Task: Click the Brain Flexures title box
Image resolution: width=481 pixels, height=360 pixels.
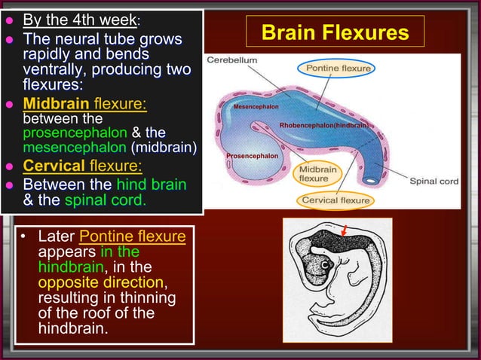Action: (334, 33)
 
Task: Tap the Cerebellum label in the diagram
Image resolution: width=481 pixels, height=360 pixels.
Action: (232, 59)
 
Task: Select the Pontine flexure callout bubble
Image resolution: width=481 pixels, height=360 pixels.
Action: (338, 69)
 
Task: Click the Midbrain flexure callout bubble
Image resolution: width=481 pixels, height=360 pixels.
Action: (318, 173)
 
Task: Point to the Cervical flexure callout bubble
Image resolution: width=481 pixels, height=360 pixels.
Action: (335, 200)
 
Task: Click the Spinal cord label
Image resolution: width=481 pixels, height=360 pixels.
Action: (434, 181)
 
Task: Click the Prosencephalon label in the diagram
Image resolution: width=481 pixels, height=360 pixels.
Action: (253, 155)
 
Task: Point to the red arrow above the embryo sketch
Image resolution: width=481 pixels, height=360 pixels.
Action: (344, 230)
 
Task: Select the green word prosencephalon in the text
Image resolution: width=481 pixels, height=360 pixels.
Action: (65, 132)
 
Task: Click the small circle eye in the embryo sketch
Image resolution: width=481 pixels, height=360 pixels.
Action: (326, 266)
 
